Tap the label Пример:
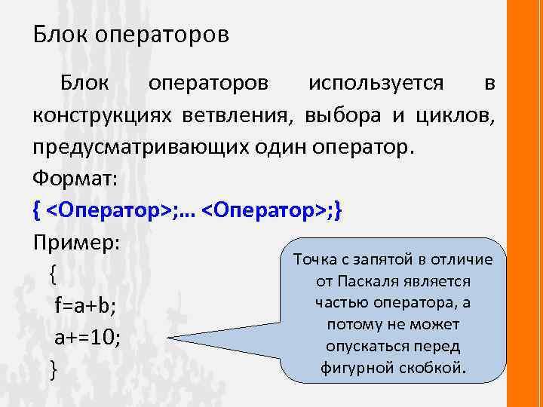click(x=72, y=243)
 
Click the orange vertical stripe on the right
click(x=526, y=203)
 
